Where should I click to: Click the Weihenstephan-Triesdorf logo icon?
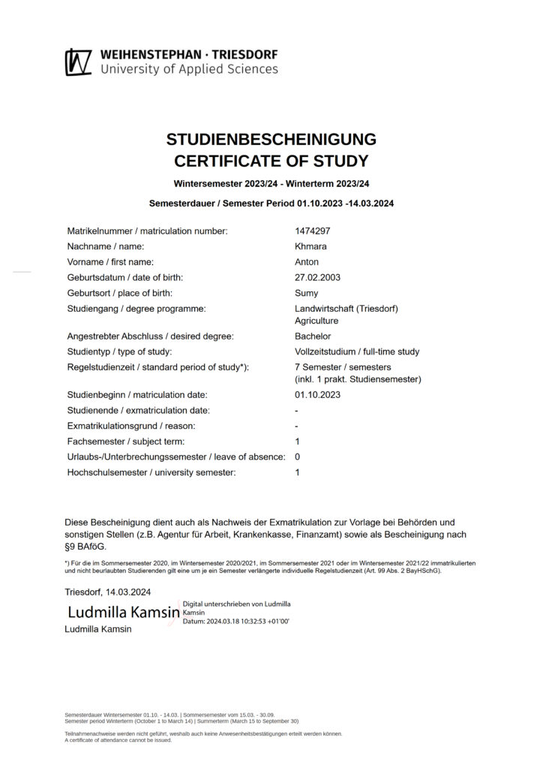coord(78,62)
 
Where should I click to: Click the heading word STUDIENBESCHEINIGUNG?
coord(271,140)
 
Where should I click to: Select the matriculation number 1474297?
coord(313,231)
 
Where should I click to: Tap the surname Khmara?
coord(311,246)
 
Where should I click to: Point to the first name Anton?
coord(307,262)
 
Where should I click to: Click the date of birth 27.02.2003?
coord(318,277)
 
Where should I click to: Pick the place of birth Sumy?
coord(307,293)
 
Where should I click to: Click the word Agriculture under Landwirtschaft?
coord(316,321)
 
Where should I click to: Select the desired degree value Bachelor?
coord(313,336)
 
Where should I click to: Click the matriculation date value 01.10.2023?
coord(318,394)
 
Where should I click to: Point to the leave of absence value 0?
coord(298,457)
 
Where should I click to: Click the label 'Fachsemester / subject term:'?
coord(125,441)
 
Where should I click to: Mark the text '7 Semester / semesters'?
coord(343,367)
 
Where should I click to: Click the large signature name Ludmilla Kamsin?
coord(124,612)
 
